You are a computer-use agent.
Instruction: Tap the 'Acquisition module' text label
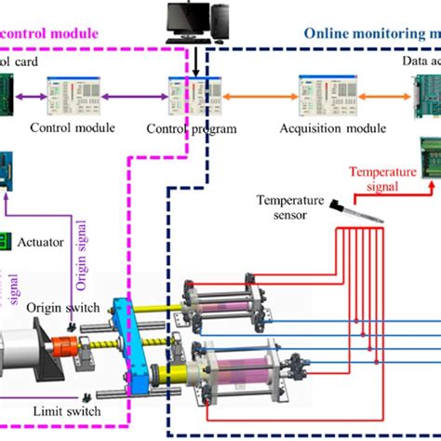321,128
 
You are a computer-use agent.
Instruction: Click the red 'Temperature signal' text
381,178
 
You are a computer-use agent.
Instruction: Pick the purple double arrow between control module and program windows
131,96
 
